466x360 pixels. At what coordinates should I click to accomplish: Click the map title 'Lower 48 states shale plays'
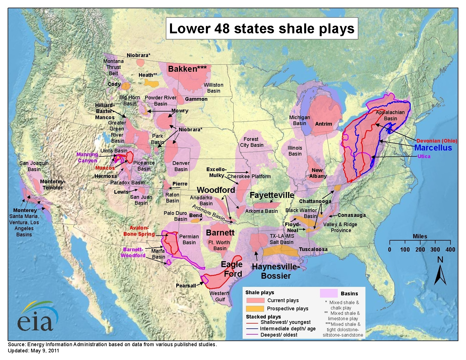coord(262,29)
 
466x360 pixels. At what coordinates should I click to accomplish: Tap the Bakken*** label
coord(187,69)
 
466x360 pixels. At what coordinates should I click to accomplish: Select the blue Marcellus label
coord(433,148)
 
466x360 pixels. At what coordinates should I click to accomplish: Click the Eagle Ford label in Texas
coord(232,269)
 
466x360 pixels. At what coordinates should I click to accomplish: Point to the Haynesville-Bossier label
coord(275,271)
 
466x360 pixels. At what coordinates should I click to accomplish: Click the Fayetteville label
coord(272,195)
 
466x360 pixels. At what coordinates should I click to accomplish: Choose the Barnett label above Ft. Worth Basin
coord(220,233)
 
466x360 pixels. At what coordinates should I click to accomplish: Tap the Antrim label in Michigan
coord(323,124)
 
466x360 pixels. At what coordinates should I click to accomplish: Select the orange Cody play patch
coord(125,86)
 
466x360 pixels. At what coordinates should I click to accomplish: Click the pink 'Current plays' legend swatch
coord(255,300)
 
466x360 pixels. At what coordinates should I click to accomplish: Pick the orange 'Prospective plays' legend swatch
coord(255,308)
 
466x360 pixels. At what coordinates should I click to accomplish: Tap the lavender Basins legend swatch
coord(328,293)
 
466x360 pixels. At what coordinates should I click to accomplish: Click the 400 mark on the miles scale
coord(450,249)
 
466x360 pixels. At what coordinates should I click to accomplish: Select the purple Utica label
coord(424,156)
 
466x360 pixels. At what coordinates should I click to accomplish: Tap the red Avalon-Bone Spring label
coord(139,231)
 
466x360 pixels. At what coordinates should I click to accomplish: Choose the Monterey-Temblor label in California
coord(53,184)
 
